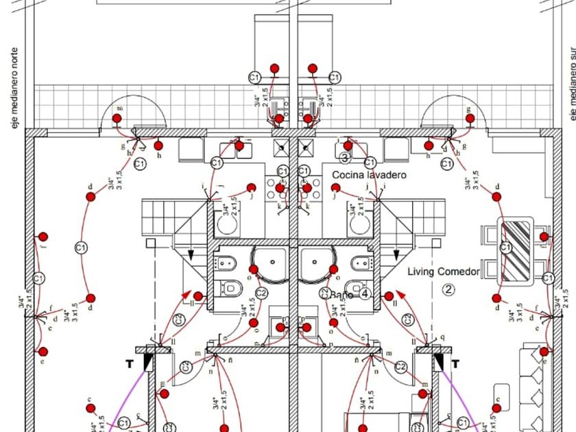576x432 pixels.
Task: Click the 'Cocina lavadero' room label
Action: point(369,176)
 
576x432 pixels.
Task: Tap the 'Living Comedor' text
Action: point(444,272)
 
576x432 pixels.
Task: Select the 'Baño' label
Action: point(341,294)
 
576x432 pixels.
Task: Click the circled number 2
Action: point(448,289)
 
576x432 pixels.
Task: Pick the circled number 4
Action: point(365,294)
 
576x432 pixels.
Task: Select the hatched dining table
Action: point(516,250)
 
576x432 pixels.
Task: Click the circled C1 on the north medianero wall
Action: point(39,278)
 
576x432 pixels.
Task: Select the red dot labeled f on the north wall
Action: point(43,237)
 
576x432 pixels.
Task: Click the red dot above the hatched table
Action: point(497,197)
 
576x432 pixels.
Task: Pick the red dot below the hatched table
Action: point(496,299)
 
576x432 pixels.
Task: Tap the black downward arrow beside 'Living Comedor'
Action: point(396,255)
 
